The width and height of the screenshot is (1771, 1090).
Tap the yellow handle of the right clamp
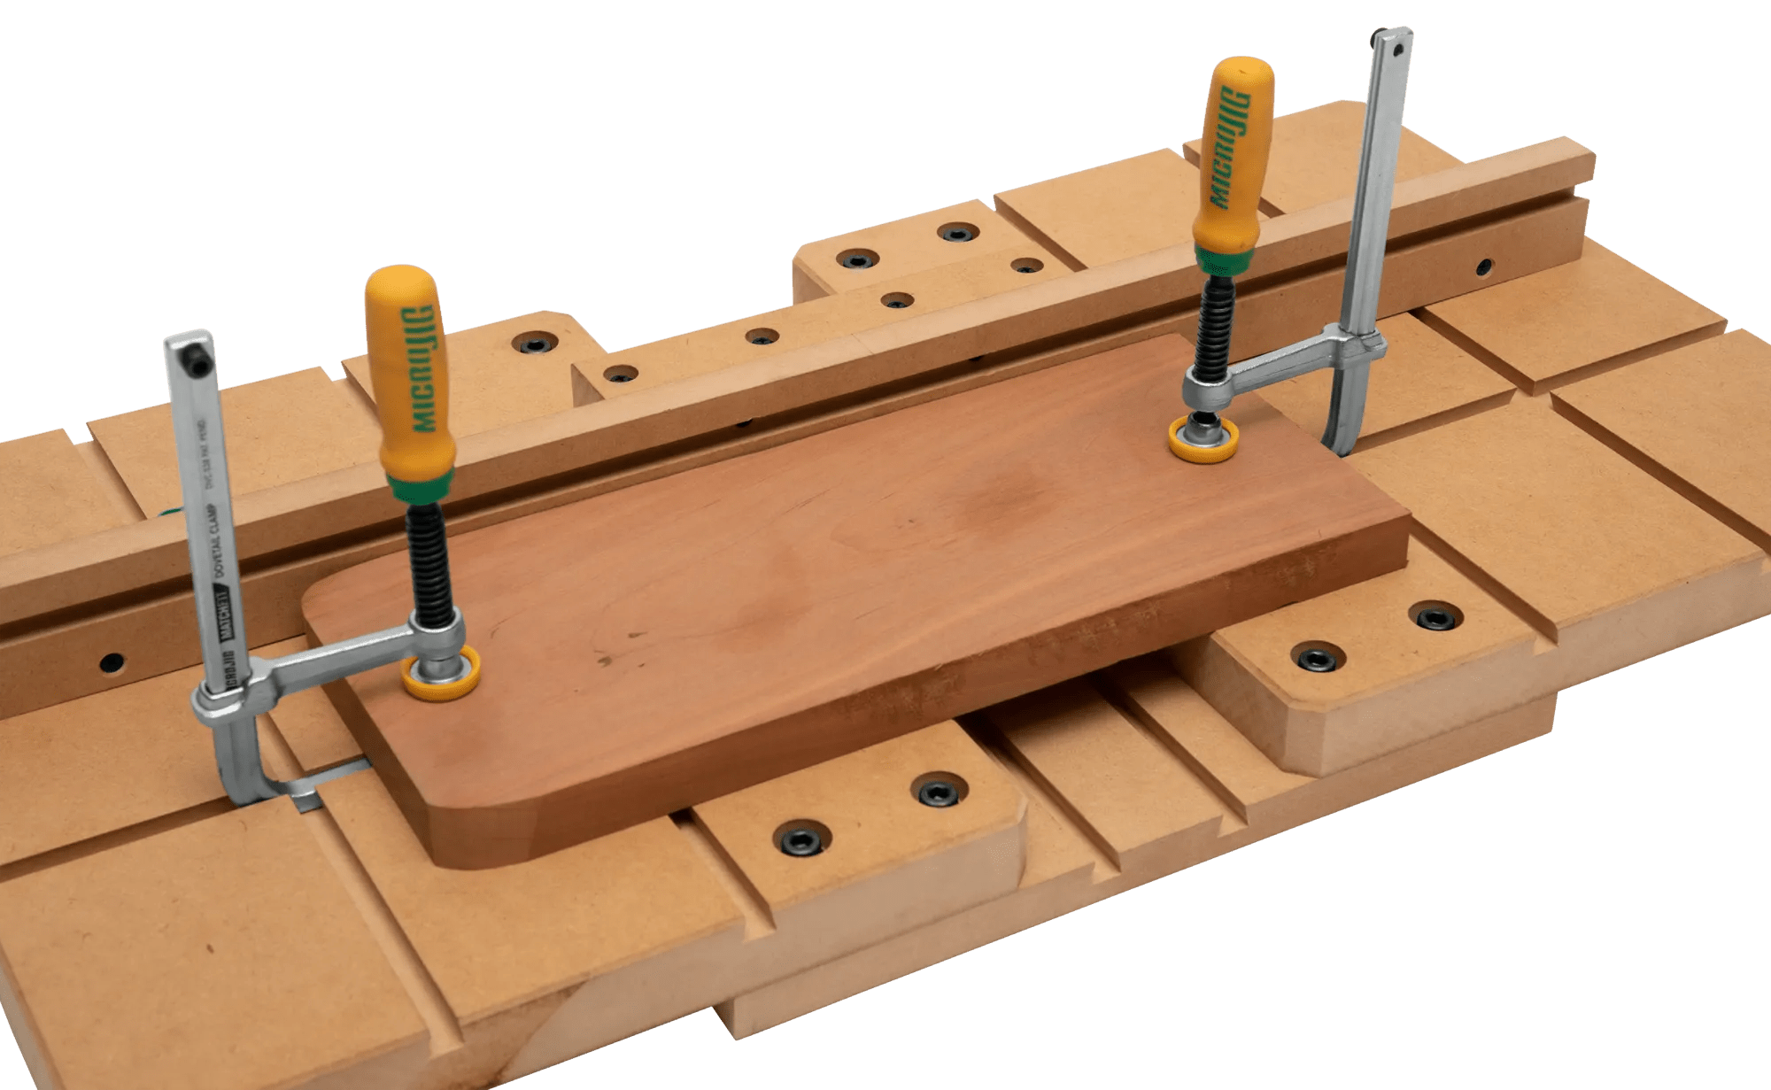[1233, 151]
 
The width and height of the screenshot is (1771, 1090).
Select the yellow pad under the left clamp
[441, 674]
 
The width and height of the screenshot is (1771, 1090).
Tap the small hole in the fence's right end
[1483, 265]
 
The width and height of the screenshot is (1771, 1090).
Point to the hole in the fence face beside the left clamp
[112, 661]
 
